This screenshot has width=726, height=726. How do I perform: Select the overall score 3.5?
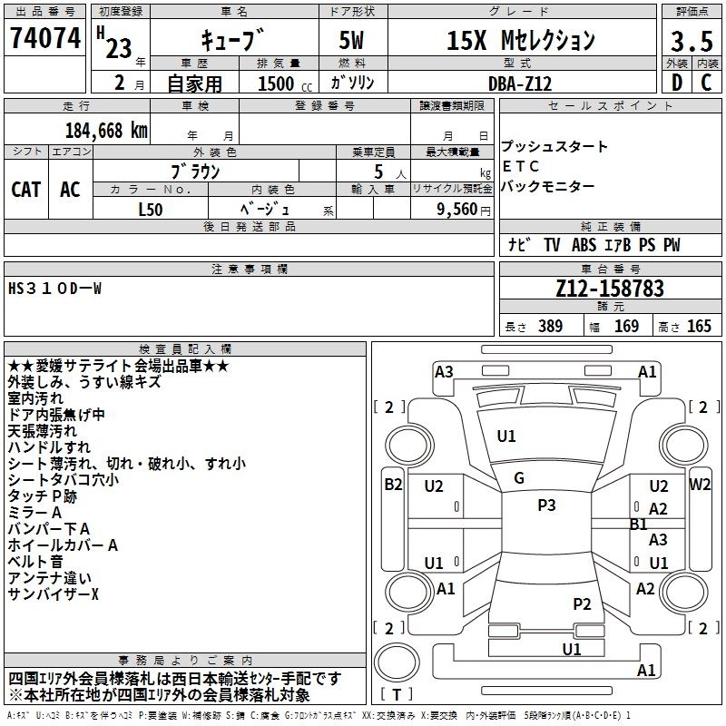pos(691,42)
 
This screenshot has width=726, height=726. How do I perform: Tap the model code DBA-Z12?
pos(519,83)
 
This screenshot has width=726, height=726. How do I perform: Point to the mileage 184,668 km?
pos(106,130)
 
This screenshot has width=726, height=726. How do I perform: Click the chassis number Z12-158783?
pos(610,289)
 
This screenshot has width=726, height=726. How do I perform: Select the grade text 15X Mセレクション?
pos(521,41)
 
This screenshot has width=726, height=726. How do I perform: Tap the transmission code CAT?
pos(26,190)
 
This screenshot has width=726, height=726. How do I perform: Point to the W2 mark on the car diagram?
pos(700,485)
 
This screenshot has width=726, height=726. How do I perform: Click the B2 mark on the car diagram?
pos(393,485)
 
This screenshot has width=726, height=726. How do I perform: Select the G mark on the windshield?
pos(519,478)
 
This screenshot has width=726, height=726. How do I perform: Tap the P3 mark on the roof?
pos(546,505)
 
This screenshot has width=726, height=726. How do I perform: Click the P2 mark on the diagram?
pos(582,603)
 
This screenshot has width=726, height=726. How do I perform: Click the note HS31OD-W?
pos(55,289)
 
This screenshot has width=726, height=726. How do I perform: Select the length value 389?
pos(548,327)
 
